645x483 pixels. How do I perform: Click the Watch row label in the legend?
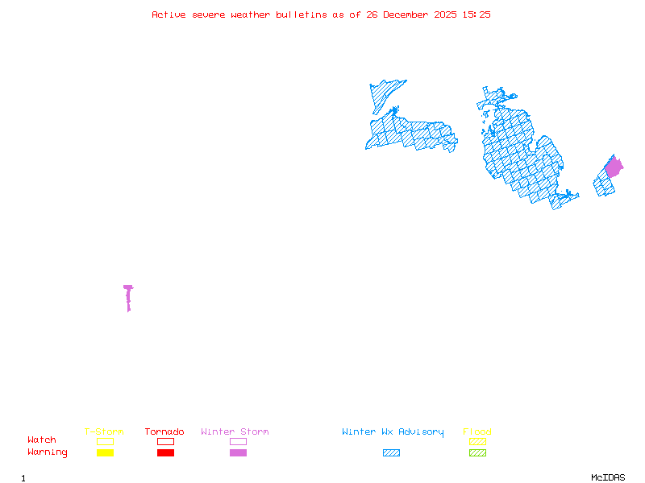42,440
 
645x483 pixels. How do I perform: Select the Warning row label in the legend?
48,452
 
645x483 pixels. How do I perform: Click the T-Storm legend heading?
104,432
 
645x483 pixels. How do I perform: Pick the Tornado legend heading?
164,432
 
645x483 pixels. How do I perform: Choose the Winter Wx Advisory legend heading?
393,432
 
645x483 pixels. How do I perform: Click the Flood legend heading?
477,432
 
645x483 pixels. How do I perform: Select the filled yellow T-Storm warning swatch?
105,453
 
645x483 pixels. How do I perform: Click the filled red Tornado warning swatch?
165,453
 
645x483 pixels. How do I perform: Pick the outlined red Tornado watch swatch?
165,441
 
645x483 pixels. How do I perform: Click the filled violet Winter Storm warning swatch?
238,453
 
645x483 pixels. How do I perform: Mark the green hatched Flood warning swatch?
477,453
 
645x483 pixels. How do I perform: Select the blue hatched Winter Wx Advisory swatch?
391,453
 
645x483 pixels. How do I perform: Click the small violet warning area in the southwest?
128,296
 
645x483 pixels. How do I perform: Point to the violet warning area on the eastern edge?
614,167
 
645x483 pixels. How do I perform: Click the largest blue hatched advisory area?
524,153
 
